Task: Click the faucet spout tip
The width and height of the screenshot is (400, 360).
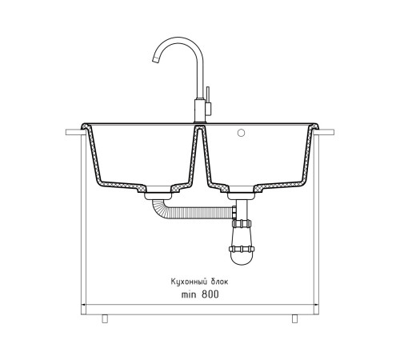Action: [155, 61]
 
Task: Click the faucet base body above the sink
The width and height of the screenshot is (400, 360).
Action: [200, 110]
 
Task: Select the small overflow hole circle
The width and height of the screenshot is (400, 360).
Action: [241, 133]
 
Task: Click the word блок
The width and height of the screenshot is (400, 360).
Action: [220, 282]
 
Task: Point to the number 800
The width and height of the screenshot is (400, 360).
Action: [210, 294]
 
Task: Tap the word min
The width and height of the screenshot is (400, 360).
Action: [189, 294]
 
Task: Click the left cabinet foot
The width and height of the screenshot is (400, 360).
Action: [105, 318]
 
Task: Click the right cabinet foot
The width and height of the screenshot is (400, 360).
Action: [294, 318]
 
